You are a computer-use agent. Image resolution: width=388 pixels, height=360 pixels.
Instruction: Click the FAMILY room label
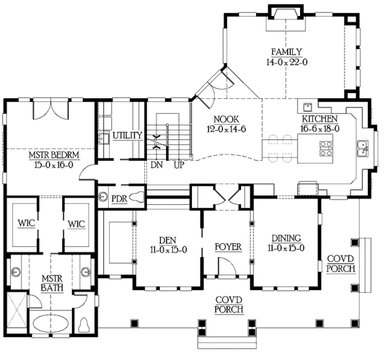287,52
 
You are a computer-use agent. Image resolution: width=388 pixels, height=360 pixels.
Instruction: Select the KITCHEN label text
320,120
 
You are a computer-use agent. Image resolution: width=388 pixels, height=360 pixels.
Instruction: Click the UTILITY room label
127,136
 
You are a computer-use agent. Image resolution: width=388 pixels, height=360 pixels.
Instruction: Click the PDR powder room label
119,197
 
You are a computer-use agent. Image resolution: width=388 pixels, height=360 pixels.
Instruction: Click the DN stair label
156,165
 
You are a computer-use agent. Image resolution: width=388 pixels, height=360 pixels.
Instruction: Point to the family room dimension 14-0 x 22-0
287,63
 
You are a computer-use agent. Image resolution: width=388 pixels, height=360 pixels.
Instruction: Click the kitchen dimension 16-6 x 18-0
320,129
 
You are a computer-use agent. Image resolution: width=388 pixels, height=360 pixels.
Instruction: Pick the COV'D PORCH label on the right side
339,263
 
